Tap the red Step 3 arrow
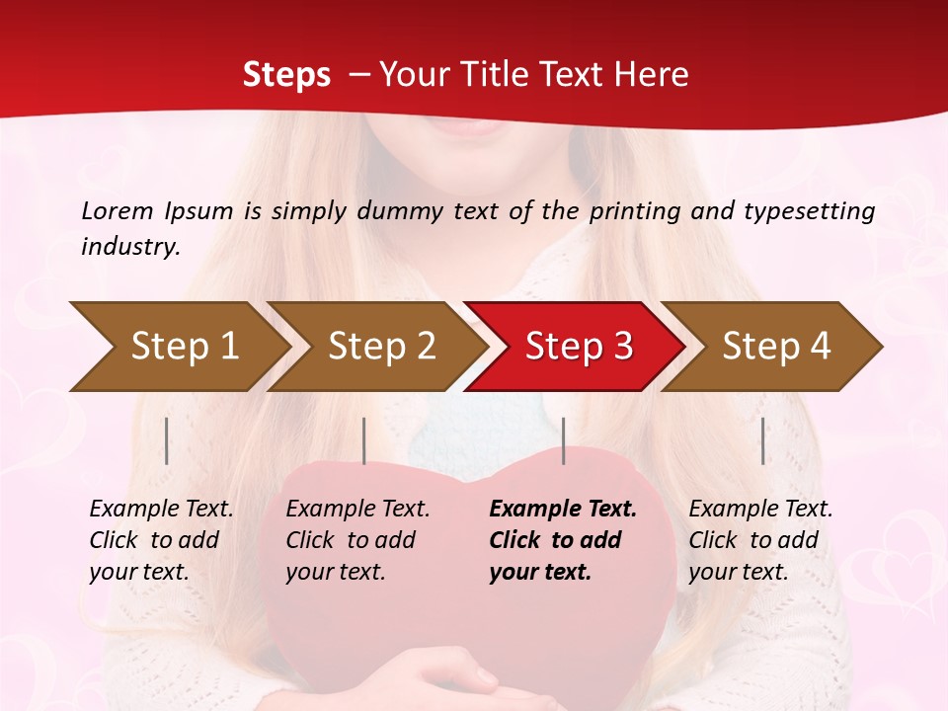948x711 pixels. [x=578, y=346]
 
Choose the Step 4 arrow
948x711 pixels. [x=775, y=346]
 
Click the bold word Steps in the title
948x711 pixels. [x=286, y=74]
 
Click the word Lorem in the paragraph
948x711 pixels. [x=118, y=210]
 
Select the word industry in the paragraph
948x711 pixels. [x=130, y=246]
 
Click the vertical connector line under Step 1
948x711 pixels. [x=167, y=440]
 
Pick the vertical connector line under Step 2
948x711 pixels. [x=364, y=440]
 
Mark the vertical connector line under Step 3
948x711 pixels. [x=563, y=440]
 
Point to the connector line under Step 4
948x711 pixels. [x=762, y=440]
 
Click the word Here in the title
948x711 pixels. [x=651, y=74]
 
